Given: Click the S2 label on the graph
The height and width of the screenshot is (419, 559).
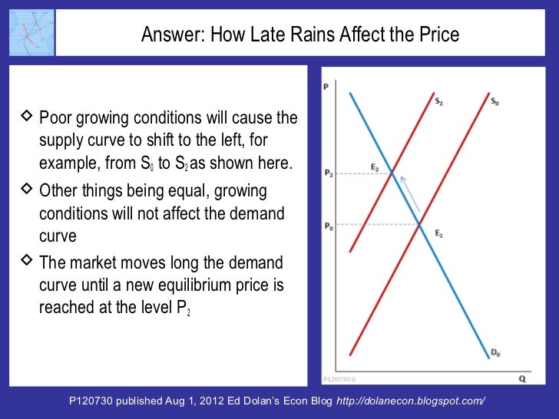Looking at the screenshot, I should click(x=438, y=101).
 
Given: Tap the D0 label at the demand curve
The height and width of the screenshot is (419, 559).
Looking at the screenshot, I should click(x=495, y=352).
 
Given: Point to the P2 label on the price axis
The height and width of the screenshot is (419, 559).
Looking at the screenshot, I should click(x=328, y=174).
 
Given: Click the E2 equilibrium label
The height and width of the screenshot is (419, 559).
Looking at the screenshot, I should click(x=375, y=167).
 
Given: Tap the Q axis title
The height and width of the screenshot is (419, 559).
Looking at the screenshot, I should click(x=521, y=378).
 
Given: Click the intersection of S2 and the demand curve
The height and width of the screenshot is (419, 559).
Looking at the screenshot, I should click(x=393, y=175).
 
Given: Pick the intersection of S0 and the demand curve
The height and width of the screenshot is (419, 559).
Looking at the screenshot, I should click(x=419, y=224).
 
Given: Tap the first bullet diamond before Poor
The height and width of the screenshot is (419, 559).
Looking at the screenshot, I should click(x=26, y=117).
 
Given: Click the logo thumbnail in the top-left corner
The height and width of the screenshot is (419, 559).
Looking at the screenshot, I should click(x=28, y=32).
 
